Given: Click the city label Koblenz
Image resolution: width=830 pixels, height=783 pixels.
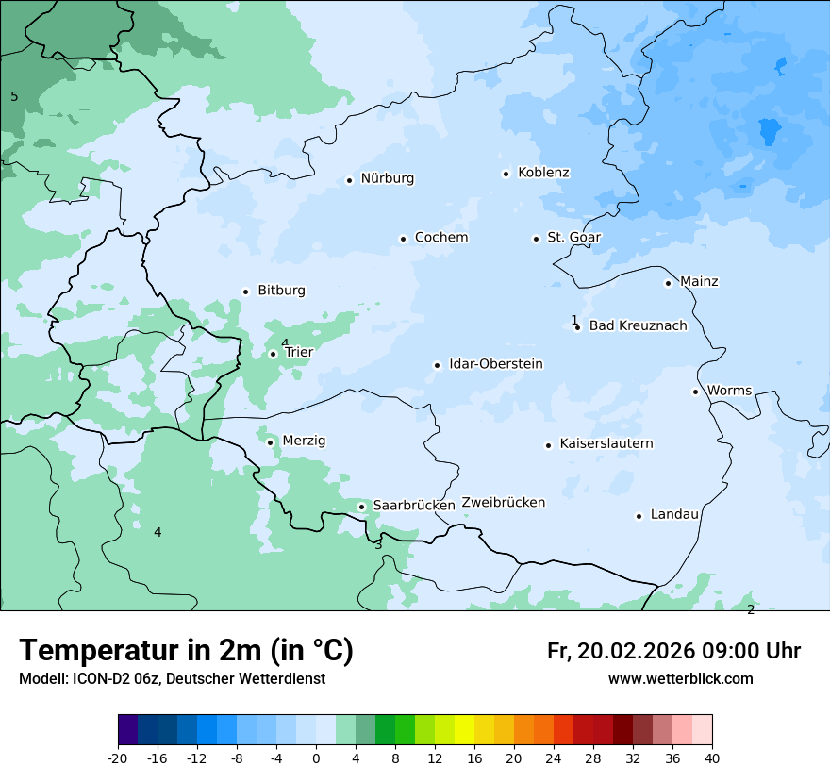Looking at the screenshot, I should tap(543, 173).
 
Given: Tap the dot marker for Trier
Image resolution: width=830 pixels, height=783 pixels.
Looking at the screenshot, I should tap(274, 355).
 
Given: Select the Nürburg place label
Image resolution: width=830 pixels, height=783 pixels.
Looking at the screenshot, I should tap(388, 178).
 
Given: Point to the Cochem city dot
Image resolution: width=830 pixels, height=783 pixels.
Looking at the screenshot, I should tap(403, 239).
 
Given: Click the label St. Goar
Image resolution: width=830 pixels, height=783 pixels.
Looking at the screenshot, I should tap(573, 237).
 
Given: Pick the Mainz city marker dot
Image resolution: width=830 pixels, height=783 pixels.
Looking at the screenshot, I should tap(668, 283).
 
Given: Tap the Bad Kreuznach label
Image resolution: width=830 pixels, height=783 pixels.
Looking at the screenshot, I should tap(638, 325).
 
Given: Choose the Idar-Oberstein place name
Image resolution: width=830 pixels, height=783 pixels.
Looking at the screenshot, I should tap(496, 363).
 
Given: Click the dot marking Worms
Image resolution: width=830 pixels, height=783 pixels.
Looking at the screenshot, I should tap(695, 391).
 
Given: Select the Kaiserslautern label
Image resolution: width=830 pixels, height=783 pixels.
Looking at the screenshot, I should tap(606, 443).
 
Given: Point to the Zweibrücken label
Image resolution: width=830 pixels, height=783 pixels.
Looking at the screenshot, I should tap(503, 503).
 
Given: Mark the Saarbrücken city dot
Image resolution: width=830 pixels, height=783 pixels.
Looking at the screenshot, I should tap(361, 507).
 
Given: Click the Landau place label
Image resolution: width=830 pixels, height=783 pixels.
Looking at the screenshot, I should tap(674, 514).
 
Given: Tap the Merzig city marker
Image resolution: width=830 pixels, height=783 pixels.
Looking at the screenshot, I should tap(270, 442).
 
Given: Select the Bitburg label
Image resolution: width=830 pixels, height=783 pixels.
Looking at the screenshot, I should tap(281, 291).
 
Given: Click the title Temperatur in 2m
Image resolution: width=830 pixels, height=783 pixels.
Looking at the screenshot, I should tap(186, 651).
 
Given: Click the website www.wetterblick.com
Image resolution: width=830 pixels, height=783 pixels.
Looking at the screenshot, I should tap(680, 678).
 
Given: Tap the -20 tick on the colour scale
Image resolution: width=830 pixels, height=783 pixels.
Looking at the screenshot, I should tap(118, 758).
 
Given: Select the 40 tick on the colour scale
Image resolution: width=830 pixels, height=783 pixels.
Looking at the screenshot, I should tap(712, 758).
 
